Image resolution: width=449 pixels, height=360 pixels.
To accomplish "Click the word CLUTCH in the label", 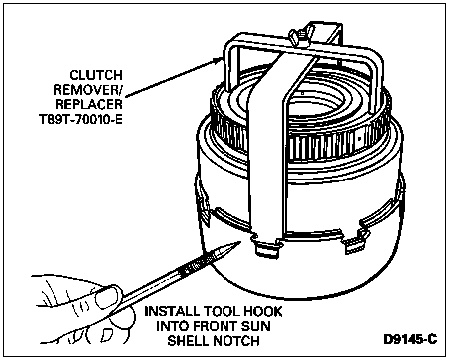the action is pyautogui.click(x=96, y=75).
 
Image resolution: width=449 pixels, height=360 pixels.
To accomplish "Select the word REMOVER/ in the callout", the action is pyautogui.click(x=88, y=90).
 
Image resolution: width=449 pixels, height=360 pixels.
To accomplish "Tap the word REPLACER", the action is pyautogui.click(x=89, y=104).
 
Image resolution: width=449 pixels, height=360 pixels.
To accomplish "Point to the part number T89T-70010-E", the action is pyautogui.click(x=81, y=119).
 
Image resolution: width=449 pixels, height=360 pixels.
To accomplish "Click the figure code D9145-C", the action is pyautogui.click(x=410, y=339).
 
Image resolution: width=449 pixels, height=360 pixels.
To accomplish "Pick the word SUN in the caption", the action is pyautogui.click(x=252, y=326).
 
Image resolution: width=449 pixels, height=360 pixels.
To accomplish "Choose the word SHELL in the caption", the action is pyautogui.click(x=188, y=341).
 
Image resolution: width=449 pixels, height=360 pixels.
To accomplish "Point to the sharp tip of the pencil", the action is pyautogui.click(x=240, y=242).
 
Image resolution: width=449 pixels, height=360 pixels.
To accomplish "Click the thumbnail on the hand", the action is pyautogui.click(x=106, y=298).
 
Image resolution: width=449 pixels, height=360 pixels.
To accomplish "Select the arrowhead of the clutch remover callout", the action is pyautogui.click(x=218, y=61).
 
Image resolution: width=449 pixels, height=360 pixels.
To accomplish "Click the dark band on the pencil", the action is pyautogui.click(x=192, y=267).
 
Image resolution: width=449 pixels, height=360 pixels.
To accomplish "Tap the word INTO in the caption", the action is pyautogui.click(x=170, y=326).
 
